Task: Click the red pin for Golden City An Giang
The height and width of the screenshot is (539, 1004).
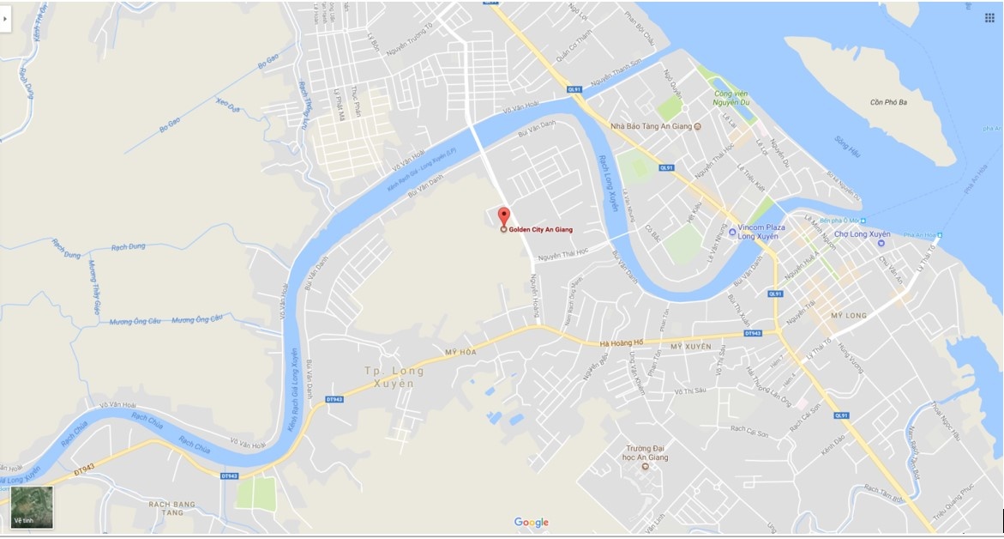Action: pyautogui.click(x=503, y=216)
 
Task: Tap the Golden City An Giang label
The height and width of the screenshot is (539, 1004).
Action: pyautogui.click(x=540, y=230)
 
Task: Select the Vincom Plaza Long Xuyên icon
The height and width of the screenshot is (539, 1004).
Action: pyautogui.click(x=732, y=232)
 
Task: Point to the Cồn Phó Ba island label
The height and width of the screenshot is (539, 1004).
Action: pyautogui.click(x=888, y=103)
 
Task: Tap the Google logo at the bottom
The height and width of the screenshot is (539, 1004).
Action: pyautogui.click(x=532, y=522)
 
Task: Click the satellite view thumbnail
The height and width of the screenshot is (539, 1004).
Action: pyautogui.click(x=32, y=507)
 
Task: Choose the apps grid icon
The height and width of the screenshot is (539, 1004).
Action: pyautogui.click(x=989, y=17)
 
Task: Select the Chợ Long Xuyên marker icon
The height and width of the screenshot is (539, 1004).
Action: pyautogui.click(x=881, y=243)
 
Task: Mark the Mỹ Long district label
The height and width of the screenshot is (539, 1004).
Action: pyautogui.click(x=849, y=316)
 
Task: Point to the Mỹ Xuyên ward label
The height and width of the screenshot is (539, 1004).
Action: pyautogui.click(x=691, y=346)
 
